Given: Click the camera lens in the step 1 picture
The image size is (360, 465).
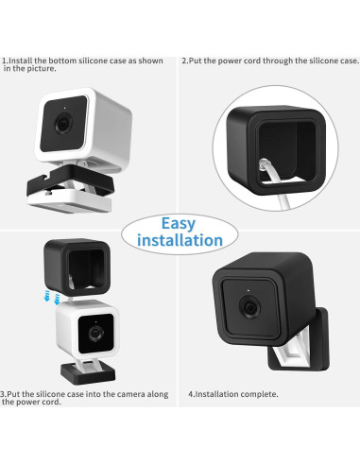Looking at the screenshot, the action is coord(63,124).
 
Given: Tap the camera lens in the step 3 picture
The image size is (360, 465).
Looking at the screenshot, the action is coord(95,334).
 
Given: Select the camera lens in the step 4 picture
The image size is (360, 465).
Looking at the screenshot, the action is coord(250,306).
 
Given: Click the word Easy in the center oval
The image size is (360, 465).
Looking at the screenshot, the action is coord(179,224).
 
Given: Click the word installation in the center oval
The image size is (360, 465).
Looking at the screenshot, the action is coord(180,240).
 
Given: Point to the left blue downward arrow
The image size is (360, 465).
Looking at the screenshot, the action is coord(47,296).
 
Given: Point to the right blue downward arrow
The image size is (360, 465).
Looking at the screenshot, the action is coord(57,299).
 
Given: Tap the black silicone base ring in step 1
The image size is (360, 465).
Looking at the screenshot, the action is coord(70,182).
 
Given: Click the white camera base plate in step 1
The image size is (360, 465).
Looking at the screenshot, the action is coord(70,201).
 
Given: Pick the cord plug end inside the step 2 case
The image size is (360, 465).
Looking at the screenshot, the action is coord(262,164).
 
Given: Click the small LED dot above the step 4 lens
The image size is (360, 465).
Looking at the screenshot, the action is coord(249,290).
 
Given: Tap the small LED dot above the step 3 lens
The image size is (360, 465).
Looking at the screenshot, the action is coord(96,322).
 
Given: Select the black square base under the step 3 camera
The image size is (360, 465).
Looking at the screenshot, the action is coord(88,373).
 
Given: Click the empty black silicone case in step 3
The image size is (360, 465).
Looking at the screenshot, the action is coord(77,267).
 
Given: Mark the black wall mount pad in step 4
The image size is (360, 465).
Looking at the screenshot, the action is coord(300,340).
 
